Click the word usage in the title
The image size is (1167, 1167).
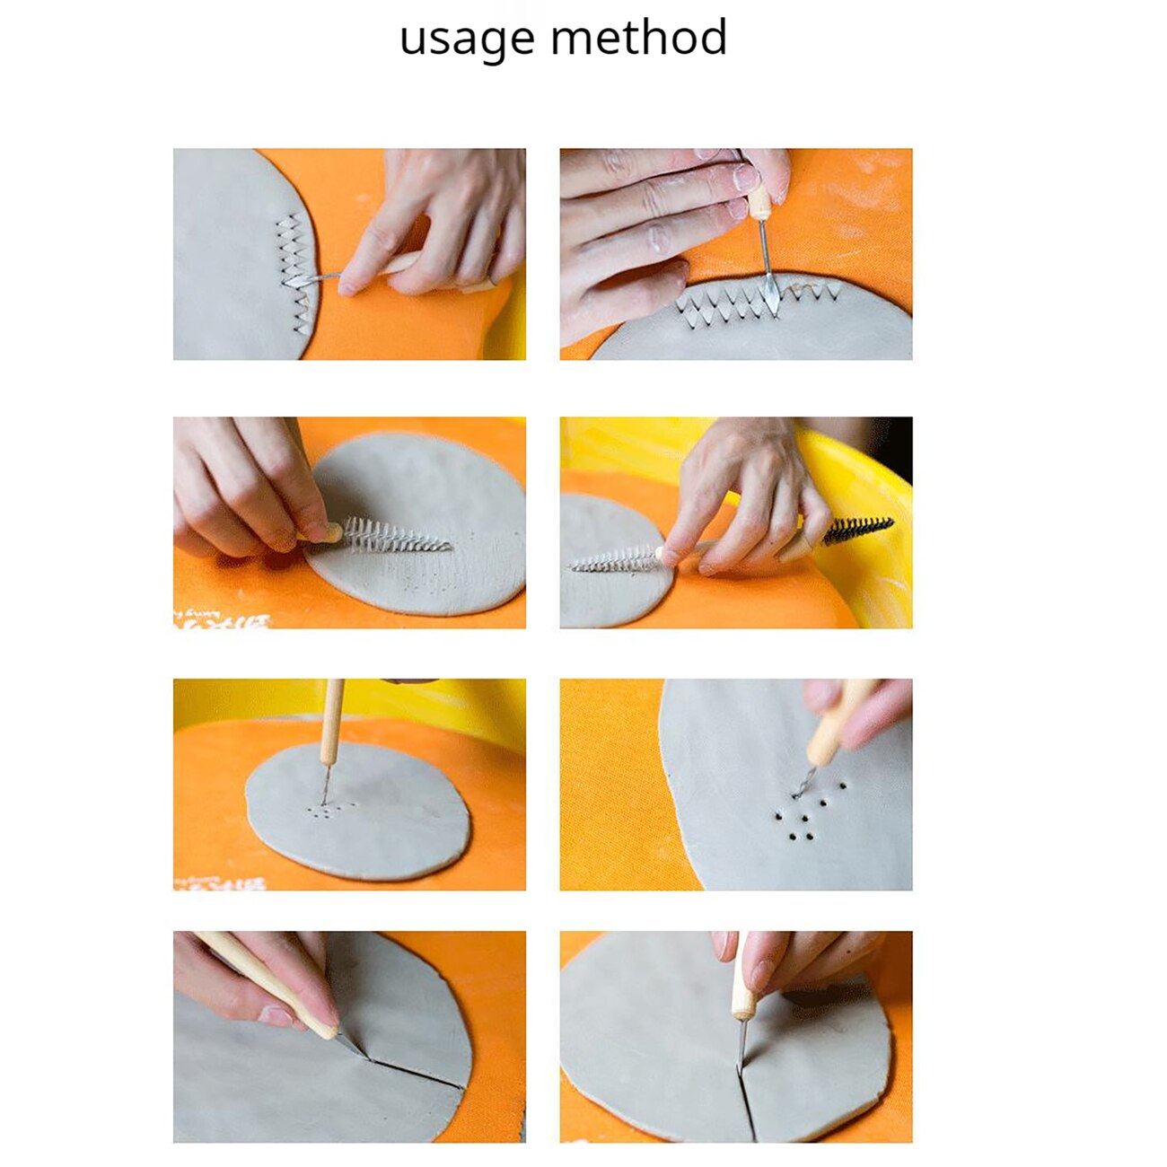[x=466, y=39]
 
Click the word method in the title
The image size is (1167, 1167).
[x=638, y=39]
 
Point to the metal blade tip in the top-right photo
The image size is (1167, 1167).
[x=771, y=296]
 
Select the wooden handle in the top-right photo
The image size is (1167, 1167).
[x=759, y=203]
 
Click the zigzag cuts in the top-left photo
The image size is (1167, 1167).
[x=292, y=269]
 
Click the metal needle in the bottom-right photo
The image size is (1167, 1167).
[x=741, y=1046]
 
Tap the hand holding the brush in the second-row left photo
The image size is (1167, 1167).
[x=242, y=485]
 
